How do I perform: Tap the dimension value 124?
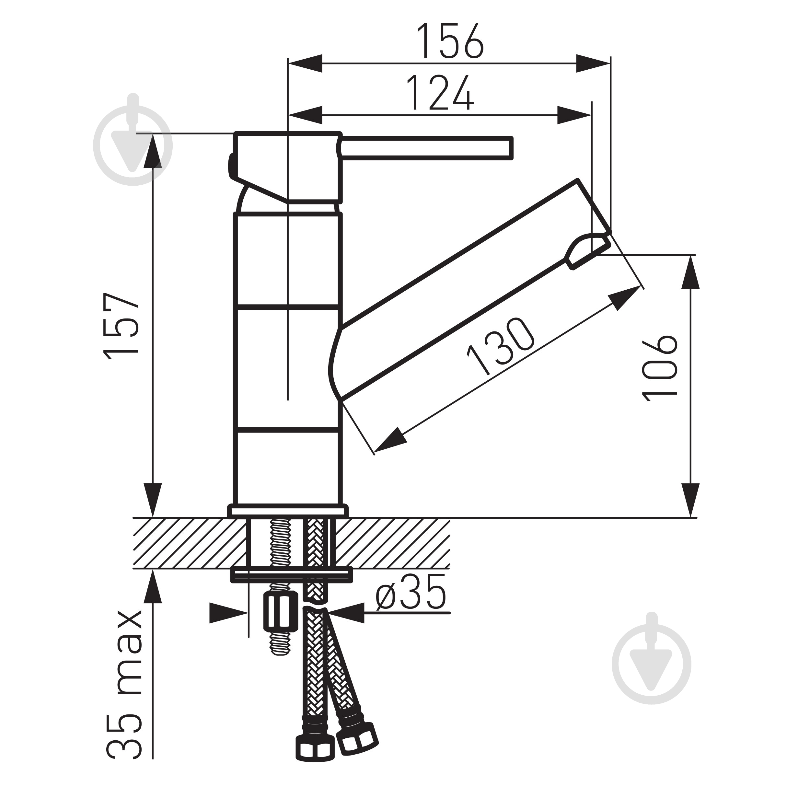(x=440, y=93)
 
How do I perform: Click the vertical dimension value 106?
(x=660, y=368)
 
